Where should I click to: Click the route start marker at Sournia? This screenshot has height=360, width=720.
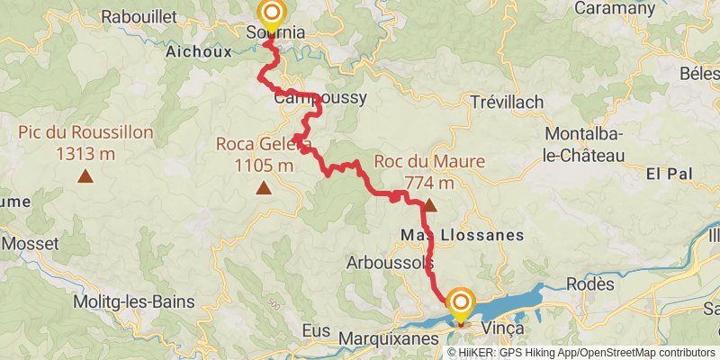tap(272, 13)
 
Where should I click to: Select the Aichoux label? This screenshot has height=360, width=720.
tap(199, 52)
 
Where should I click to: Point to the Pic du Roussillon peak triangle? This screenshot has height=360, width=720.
tap(85, 176)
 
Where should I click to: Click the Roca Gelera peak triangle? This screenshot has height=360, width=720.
tap(264, 187)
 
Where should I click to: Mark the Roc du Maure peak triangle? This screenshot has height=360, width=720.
tap(430, 205)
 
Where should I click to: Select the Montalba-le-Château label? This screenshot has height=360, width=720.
tap(584, 144)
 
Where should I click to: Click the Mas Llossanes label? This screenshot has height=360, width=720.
tap(460, 235)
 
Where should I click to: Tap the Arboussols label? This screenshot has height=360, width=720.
tap(391, 263)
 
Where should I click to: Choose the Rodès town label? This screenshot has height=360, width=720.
tap(590, 283)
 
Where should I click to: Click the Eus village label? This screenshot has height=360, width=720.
tap(316, 331)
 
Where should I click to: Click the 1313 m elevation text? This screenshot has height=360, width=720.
tap(85, 154)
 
